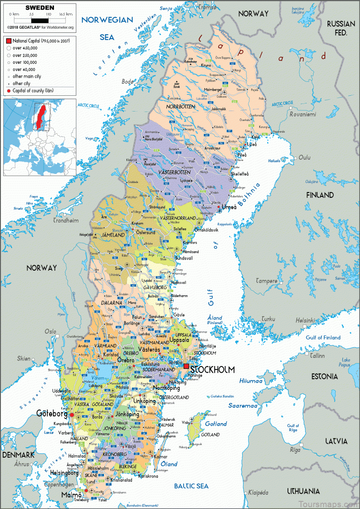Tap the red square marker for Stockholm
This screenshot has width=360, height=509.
coord(186,366)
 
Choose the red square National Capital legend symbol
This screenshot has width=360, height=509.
coord(9,41)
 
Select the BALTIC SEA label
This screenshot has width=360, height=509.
coord(191,486)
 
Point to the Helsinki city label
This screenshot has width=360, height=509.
coord(306,320)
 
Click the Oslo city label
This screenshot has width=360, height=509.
coord(50,331)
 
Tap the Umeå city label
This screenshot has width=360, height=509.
coord(229,207)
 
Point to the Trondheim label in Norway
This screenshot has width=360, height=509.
coord(66,221)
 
